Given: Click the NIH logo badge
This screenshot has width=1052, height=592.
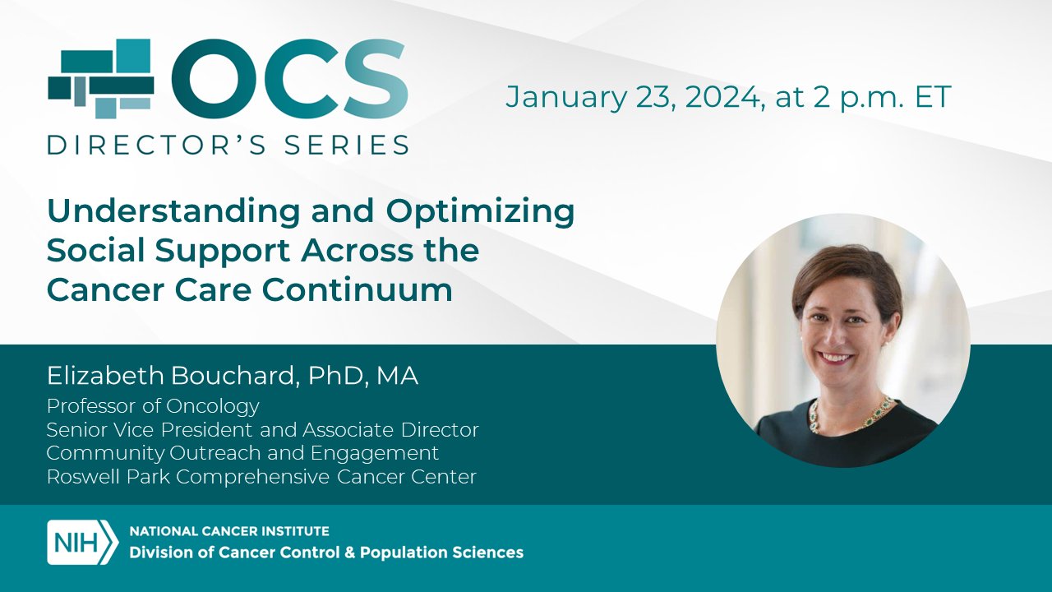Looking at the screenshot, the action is click(82, 542).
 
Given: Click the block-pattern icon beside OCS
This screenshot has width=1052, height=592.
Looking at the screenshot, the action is click(100, 78).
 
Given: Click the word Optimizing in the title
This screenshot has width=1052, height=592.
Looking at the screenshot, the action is click(480, 213).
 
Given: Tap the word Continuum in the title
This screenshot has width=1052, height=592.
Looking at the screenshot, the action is click(357, 289).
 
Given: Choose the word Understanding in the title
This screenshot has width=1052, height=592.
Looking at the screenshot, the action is click(173, 213).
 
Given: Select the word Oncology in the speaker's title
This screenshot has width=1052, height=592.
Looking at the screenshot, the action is click(212, 407).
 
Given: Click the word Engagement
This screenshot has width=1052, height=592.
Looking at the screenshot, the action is click(374, 454).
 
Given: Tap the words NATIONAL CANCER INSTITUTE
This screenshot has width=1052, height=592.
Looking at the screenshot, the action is click(229, 531).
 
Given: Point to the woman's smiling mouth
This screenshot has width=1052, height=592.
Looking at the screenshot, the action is click(837, 358).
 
